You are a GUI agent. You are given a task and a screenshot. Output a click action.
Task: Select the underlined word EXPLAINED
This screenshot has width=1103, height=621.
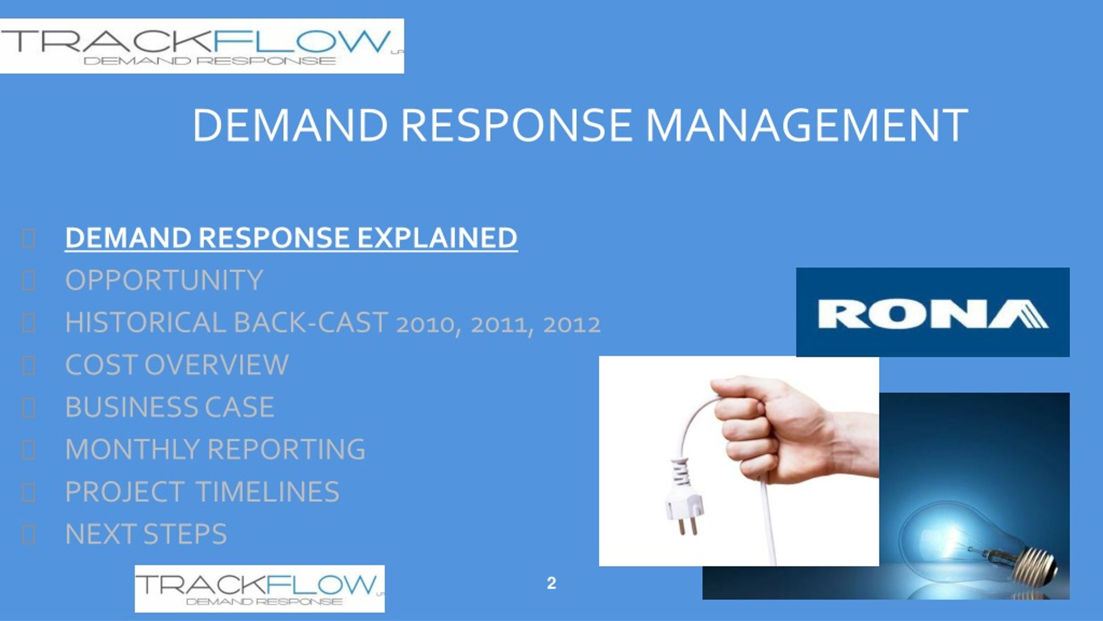[x=437, y=238]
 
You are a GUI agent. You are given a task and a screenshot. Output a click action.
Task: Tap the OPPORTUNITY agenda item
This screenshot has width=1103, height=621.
[x=164, y=280]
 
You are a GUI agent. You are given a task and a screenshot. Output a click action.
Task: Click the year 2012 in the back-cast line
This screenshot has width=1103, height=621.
[x=572, y=325]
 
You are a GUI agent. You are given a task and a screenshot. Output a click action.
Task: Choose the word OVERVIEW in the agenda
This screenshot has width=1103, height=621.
[x=216, y=365]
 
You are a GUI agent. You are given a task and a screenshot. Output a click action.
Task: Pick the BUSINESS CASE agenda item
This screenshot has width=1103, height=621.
[x=170, y=407]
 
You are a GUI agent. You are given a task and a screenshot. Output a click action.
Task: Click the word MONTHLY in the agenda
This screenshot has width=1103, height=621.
[x=132, y=449]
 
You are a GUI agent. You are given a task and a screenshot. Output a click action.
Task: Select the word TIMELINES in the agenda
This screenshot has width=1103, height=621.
[x=268, y=492]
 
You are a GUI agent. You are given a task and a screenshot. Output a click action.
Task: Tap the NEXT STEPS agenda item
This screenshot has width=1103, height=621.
[x=146, y=534]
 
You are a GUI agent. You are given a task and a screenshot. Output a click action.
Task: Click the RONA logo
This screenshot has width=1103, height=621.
[x=933, y=312]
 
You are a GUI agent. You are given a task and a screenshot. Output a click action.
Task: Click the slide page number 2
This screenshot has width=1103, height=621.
[x=551, y=583]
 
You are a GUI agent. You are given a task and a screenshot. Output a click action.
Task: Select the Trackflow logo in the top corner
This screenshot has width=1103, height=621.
[x=202, y=46]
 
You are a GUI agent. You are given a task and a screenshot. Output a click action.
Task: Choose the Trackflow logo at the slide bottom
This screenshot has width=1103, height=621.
[x=260, y=589]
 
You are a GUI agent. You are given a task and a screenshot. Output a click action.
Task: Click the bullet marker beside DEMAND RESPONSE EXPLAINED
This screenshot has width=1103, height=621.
[x=28, y=238]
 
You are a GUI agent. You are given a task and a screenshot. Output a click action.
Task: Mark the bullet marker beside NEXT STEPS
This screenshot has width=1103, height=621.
[x=28, y=535]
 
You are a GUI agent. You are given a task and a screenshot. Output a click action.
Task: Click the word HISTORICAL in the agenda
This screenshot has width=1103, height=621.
[x=146, y=323]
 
